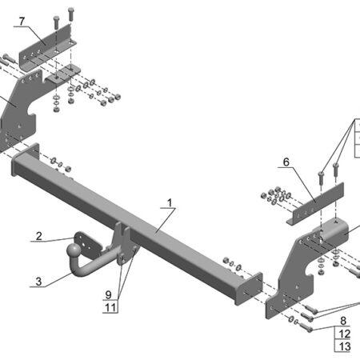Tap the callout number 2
(38, 236)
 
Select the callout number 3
(38, 281)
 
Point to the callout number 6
(285, 162)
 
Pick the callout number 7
(22, 20)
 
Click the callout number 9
(109, 294)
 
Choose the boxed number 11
(109, 306)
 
